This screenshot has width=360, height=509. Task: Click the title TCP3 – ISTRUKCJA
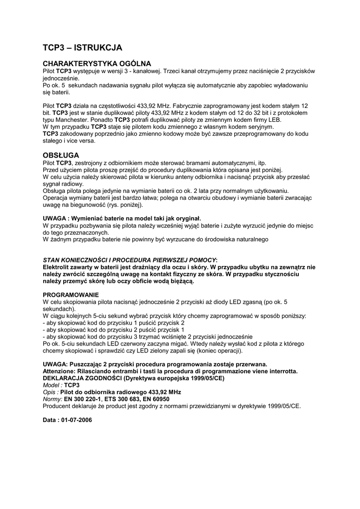[x=82, y=48]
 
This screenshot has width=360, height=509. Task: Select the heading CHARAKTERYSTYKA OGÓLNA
[x=96, y=64]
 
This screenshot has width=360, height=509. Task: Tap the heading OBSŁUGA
[x=61, y=156]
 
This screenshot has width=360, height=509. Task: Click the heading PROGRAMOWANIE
[x=71, y=295]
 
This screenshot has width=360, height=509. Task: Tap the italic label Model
[x=52, y=385]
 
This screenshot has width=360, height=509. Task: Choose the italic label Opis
[x=50, y=392]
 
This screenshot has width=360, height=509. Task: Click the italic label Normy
[x=52, y=399]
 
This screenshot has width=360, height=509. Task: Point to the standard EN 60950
[x=156, y=399]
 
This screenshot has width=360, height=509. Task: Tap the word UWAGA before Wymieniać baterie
[x=54, y=218]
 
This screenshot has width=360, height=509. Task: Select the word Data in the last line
[x=50, y=420]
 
